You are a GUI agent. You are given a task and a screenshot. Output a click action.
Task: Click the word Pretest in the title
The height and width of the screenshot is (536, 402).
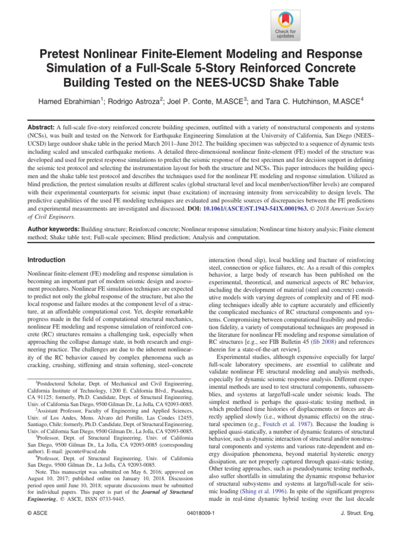62,56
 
